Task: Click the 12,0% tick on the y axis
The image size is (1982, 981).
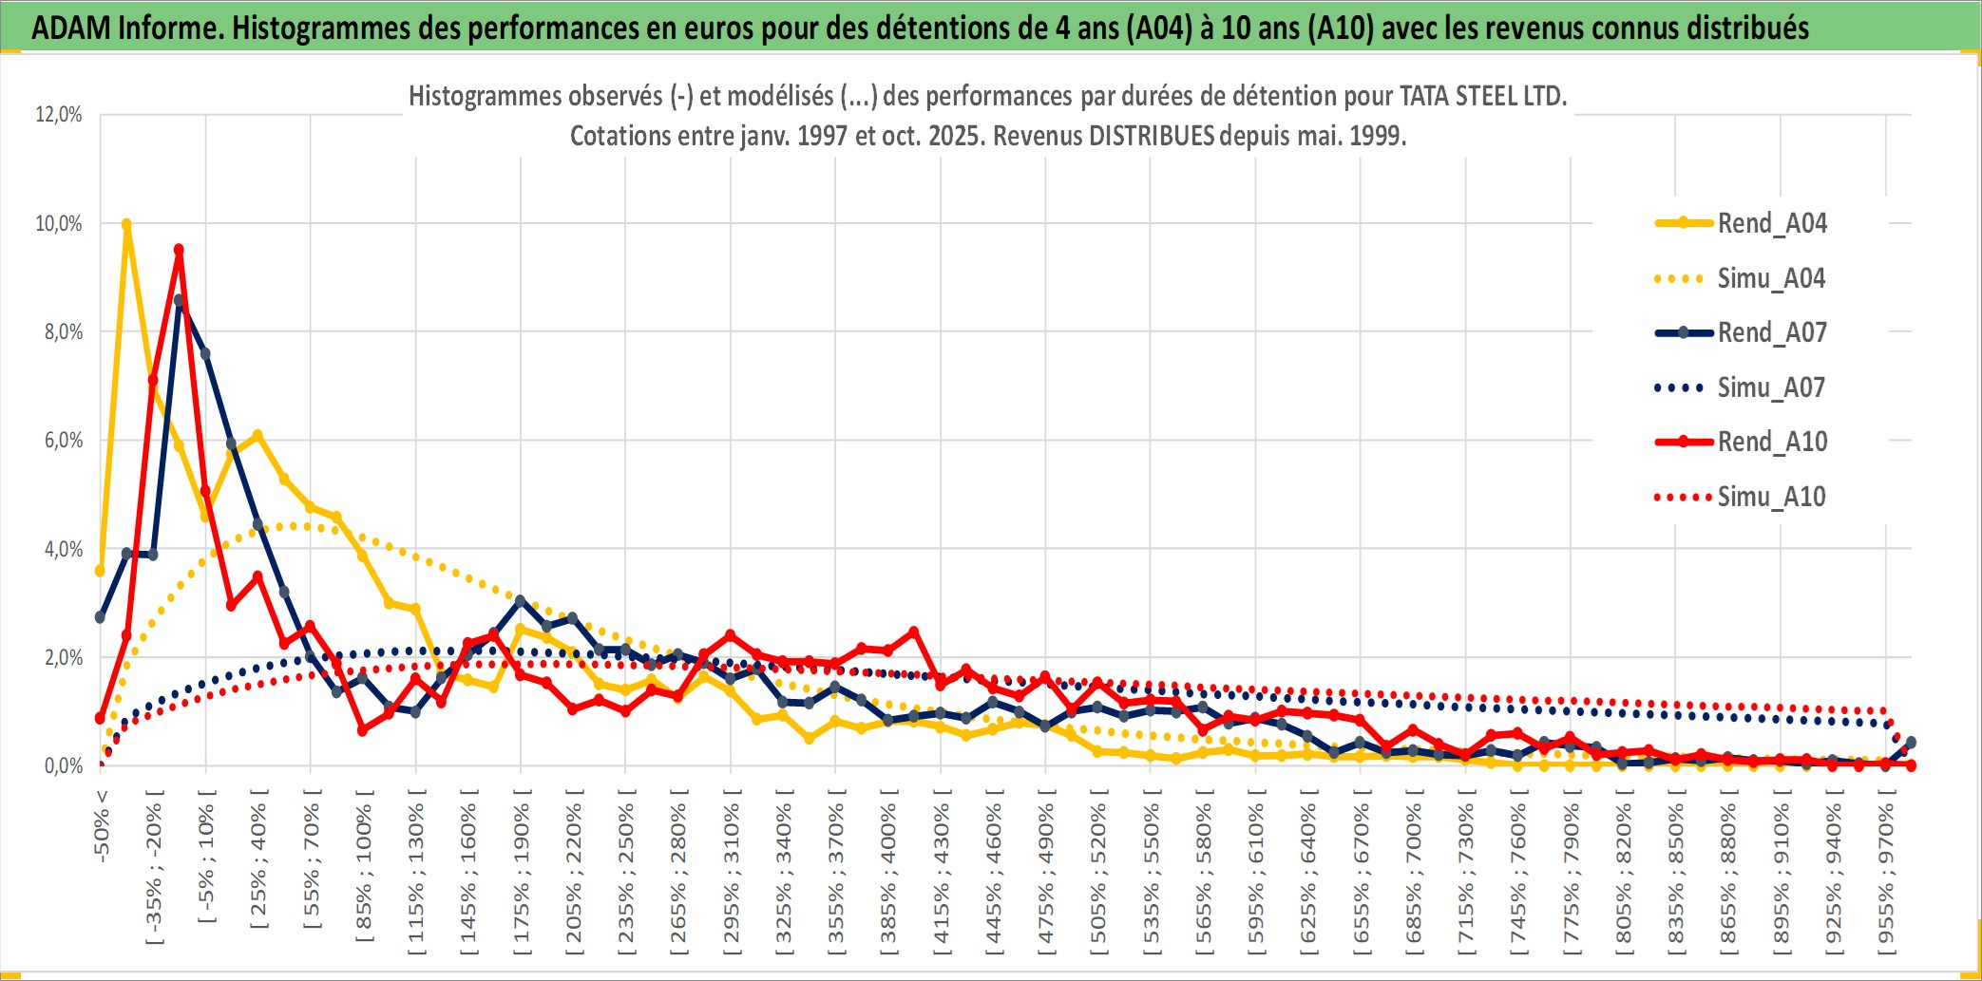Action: [59, 115]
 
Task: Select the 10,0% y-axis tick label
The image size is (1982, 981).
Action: [59, 223]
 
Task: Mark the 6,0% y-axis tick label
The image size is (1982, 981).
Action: [63, 441]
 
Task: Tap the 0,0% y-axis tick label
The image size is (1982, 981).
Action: [63, 765]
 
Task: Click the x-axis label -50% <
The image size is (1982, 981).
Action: [102, 825]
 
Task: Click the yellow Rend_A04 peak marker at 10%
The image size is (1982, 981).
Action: [126, 225]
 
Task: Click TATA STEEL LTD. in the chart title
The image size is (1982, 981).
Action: [1482, 96]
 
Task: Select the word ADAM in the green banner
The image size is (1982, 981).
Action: [71, 28]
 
